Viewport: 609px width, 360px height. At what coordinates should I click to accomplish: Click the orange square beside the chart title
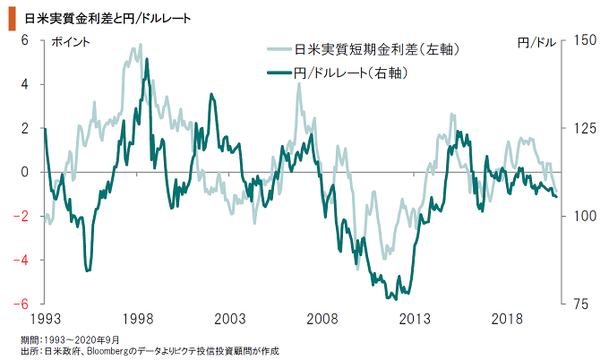[x=12, y=16]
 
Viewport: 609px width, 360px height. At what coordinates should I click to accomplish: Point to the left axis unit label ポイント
[x=71, y=42]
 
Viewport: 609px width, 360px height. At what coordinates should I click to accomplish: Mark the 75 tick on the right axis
[x=577, y=304]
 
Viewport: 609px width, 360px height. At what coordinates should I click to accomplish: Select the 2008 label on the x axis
[x=321, y=320]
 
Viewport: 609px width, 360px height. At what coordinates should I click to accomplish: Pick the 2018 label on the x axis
[x=506, y=320]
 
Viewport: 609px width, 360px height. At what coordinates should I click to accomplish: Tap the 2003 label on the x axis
[x=228, y=320]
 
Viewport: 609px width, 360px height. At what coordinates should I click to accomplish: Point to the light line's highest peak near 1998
[x=139, y=45]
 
